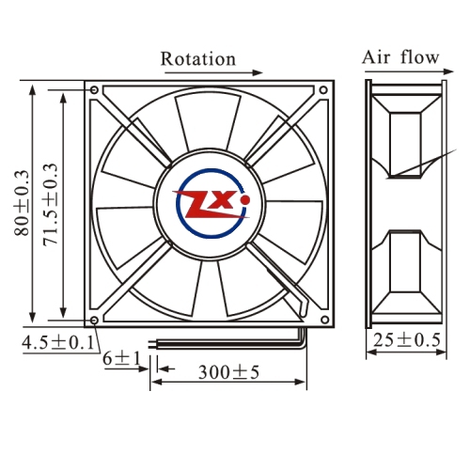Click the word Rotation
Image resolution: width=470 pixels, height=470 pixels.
pos(198,59)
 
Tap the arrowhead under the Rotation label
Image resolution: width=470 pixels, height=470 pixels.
pos(258,72)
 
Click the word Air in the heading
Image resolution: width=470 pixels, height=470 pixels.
pos(377,57)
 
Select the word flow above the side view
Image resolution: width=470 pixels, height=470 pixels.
pos(420,56)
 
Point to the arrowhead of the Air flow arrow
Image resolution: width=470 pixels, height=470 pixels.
pos(448,71)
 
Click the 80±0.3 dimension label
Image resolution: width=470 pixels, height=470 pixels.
pos(22,203)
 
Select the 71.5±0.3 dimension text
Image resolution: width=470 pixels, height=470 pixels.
pos(51,204)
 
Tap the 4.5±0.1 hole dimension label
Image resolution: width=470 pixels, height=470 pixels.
pos(58,342)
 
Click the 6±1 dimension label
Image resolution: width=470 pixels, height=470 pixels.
pos(122,358)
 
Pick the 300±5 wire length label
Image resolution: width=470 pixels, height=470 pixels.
pos(228,372)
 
